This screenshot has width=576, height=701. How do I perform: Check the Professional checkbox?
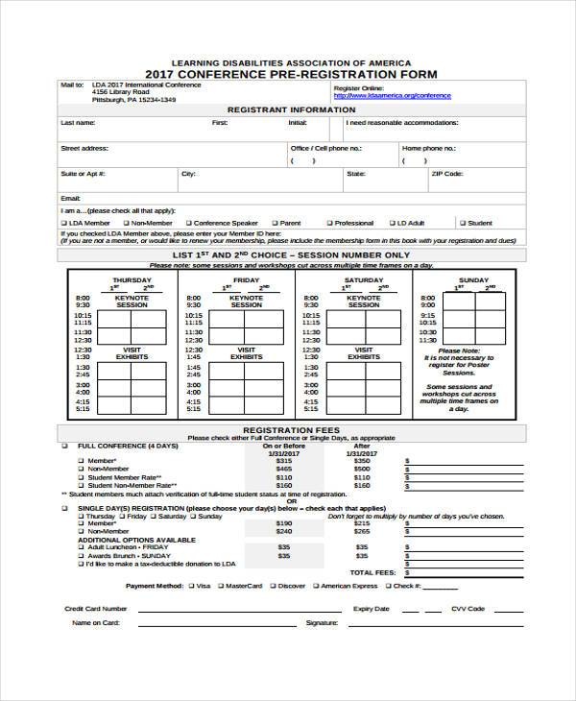tap(328, 223)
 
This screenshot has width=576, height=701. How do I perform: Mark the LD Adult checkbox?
tap(395, 223)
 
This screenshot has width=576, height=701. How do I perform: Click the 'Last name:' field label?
tap(78, 124)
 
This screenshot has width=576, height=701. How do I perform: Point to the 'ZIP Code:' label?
tap(447, 174)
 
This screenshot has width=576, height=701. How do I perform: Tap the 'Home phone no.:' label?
tap(429, 149)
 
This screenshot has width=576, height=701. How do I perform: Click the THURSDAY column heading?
tap(131, 279)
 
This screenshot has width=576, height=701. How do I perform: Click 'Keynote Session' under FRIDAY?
tap(247, 302)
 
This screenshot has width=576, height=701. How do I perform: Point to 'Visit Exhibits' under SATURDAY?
tap(363, 352)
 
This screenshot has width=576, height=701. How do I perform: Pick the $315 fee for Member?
tap(283, 460)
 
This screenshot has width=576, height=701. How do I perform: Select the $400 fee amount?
tap(362, 469)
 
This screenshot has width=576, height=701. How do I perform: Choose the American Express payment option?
tap(316, 585)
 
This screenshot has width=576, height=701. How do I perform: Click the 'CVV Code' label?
tap(468, 609)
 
